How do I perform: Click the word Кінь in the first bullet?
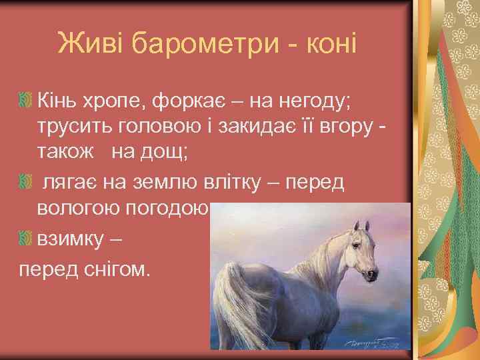pyautogui.click(x=61, y=103)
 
